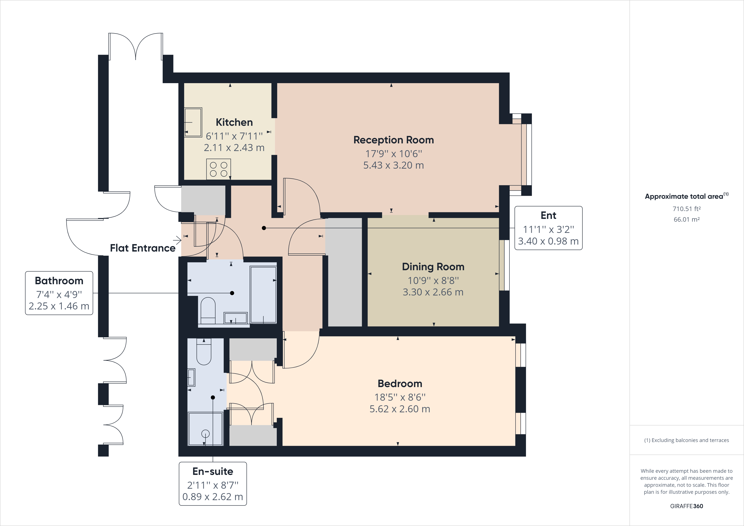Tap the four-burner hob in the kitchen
pos(218,169)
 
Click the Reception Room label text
pos(393,140)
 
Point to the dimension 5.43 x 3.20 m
pos(393,165)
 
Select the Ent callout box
pos(548,228)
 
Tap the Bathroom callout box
pos(59,293)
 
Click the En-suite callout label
pos(213,471)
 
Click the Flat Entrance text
pos(143,248)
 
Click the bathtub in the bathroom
pos(263,294)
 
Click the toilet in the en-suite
pos(204,352)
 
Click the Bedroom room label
pos(400,383)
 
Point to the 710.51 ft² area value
pos(686,209)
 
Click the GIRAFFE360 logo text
pos(686,506)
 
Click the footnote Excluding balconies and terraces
pos(686,440)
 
